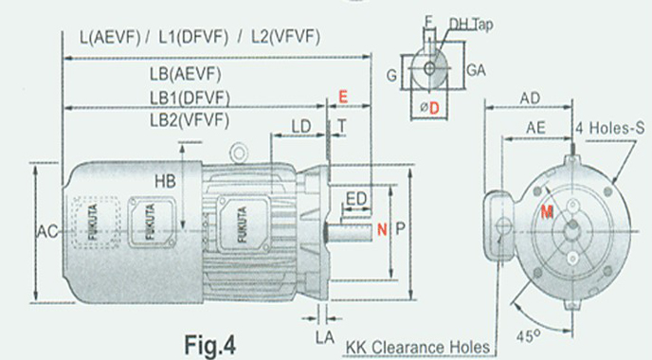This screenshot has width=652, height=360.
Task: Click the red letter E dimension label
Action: (343, 97)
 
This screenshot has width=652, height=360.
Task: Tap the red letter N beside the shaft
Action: (382, 229)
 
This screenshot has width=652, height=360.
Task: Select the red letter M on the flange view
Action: (547, 212)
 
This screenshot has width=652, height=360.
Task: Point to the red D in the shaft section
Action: (434, 109)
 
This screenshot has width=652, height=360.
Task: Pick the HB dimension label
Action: (165, 181)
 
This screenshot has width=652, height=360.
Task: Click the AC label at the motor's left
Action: (47, 231)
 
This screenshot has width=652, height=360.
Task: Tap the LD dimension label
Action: (300, 127)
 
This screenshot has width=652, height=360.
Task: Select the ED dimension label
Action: (356, 199)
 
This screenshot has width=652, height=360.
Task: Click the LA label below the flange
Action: (325, 337)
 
